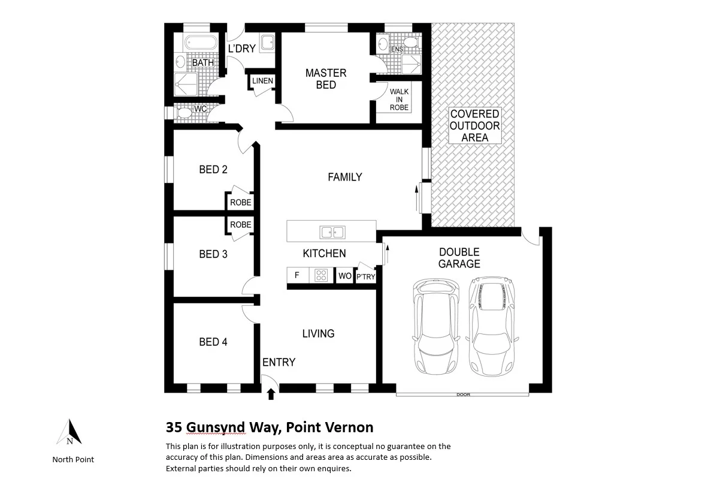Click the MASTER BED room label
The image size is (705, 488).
[326, 79]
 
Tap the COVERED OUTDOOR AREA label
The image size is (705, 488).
[474, 125]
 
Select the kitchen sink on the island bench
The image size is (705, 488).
[331, 231]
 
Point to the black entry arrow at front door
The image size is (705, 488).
[271, 393]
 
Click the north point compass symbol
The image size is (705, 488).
[71, 433]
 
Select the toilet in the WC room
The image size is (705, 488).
[184, 112]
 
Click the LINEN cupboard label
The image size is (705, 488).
[262, 81]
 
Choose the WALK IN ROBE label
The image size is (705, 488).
[399, 100]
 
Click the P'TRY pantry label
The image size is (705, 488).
[365, 276]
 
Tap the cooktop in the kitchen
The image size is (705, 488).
[322, 276]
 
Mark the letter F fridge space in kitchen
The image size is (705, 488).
[296, 276]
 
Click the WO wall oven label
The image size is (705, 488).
[344, 276]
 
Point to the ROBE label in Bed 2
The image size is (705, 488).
[241, 203]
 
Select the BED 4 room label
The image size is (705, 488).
[213, 342]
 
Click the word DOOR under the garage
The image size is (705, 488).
[463, 394]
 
